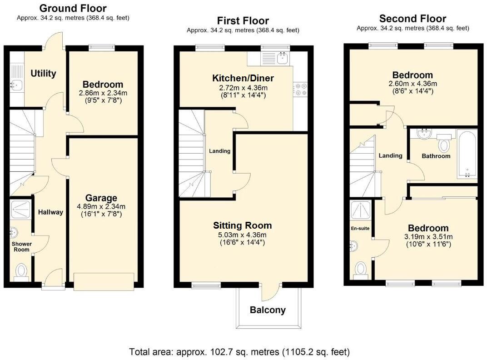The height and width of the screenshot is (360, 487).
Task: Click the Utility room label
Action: coord(43,74)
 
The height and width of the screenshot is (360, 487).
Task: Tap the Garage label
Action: coord(101,198)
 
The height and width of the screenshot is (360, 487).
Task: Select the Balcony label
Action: coord(268,310)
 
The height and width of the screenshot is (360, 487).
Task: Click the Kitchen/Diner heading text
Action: coord(243,78)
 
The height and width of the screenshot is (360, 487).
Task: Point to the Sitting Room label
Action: coord(242,225)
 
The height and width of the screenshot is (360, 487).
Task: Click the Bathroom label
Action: coord(436,156)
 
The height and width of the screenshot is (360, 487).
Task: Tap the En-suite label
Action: coord(360,229)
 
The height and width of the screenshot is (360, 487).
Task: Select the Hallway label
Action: coord(50,212)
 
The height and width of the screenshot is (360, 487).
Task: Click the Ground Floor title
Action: coord(73,8)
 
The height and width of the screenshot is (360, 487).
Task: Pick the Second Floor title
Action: coord(413,19)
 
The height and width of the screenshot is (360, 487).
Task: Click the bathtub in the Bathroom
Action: coord(467,154)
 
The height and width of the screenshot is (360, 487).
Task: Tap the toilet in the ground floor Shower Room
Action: coord(21,271)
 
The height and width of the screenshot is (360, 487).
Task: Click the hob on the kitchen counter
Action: coord(300,89)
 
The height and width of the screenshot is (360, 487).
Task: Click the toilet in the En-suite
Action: coord(361,270)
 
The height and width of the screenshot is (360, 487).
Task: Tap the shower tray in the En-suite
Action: coord(361,211)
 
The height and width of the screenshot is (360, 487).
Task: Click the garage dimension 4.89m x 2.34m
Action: coord(101,206)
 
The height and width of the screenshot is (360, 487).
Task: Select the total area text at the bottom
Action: coord(239,352)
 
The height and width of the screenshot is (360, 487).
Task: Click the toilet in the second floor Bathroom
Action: coord(444,143)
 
